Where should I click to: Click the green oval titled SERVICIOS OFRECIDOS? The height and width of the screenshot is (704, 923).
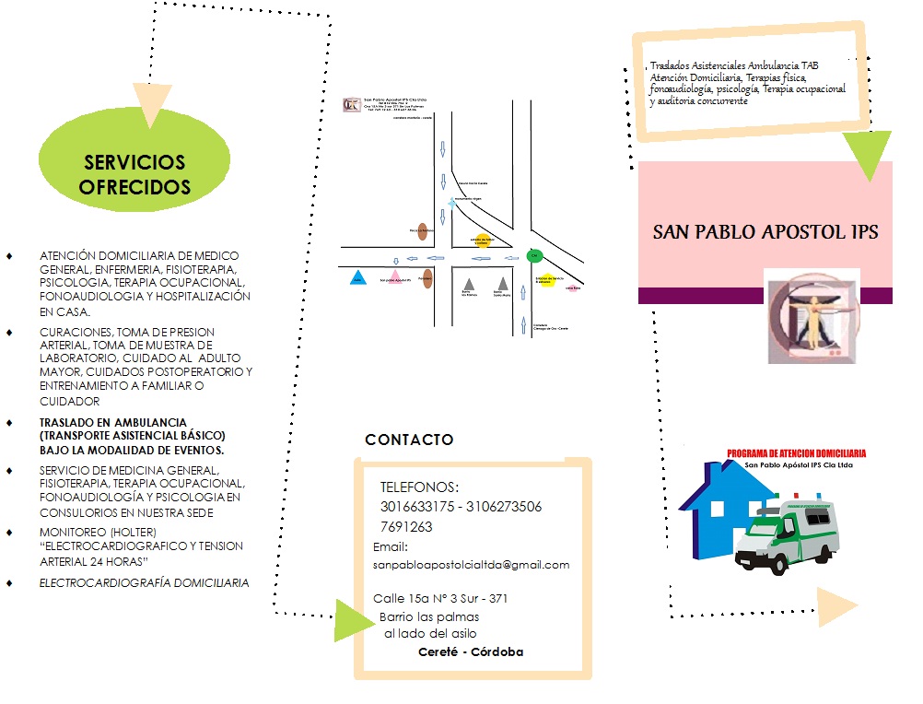(x=134, y=173)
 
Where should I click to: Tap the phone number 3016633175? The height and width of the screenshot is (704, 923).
(x=419, y=507)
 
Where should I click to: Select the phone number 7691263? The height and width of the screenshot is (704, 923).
(x=406, y=527)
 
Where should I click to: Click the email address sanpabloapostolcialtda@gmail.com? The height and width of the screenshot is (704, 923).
(x=471, y=564)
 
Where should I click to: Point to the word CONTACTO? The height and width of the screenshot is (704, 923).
(x=409, y=440)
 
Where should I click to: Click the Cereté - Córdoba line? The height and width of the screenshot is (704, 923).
(x=471, y=651)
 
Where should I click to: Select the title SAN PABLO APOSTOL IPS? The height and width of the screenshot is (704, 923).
(x=765, y=231)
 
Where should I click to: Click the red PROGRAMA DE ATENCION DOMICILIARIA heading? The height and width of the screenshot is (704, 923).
(x=797, y=454)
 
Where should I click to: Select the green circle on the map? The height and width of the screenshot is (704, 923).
(x=533, y=255)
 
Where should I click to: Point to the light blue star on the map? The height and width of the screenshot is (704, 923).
(x=451, y=201)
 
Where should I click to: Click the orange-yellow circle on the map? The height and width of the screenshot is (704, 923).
(x=481, y=241)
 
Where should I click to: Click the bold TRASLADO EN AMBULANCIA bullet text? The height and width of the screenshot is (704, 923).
(x=133, y=436)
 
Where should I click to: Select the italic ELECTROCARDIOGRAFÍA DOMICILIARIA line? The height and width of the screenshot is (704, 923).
(x=144, y=582)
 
